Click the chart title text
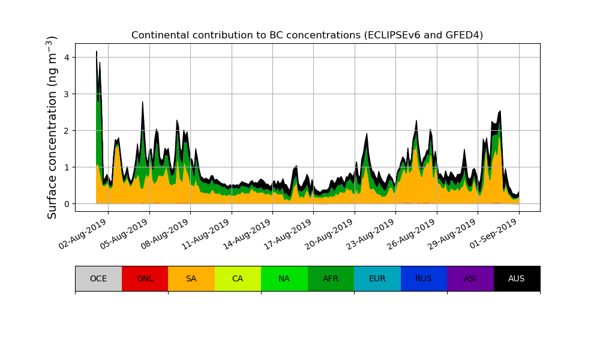[307, 35]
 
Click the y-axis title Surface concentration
[53, 127]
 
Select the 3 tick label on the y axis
[66, 94]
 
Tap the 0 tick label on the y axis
[66, 204]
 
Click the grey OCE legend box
[98, 278]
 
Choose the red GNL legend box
[145, 278]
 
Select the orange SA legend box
[191, 278]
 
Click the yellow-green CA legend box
[238, 278]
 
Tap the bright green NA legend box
[284, 278]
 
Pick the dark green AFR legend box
[331, 278]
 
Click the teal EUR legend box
[377, 278]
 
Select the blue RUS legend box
[424, 278]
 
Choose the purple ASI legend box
[470, 278]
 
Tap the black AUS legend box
[517, 278]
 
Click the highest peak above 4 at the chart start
[97, 52]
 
